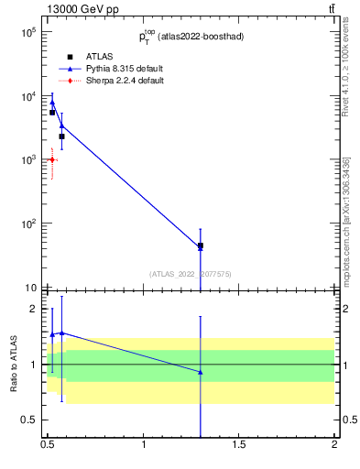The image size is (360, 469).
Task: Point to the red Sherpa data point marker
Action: coord(52,159)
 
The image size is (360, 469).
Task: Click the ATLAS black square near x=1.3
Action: coord(201,246)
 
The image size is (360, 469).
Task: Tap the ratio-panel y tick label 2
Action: coord(36,309)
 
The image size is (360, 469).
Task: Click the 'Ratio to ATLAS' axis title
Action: coord(14,365)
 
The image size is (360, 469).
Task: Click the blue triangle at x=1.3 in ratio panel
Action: coord(201,372)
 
